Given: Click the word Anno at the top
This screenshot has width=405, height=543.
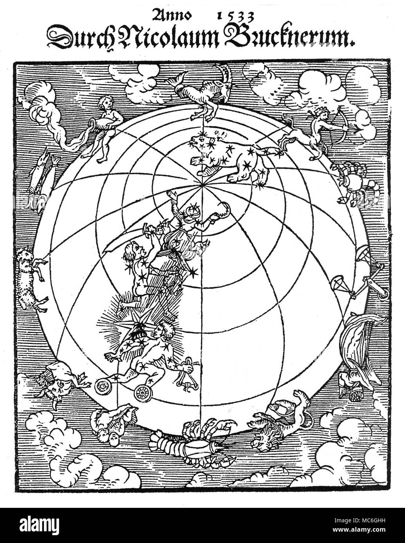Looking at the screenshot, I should [x=173, y=15].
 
